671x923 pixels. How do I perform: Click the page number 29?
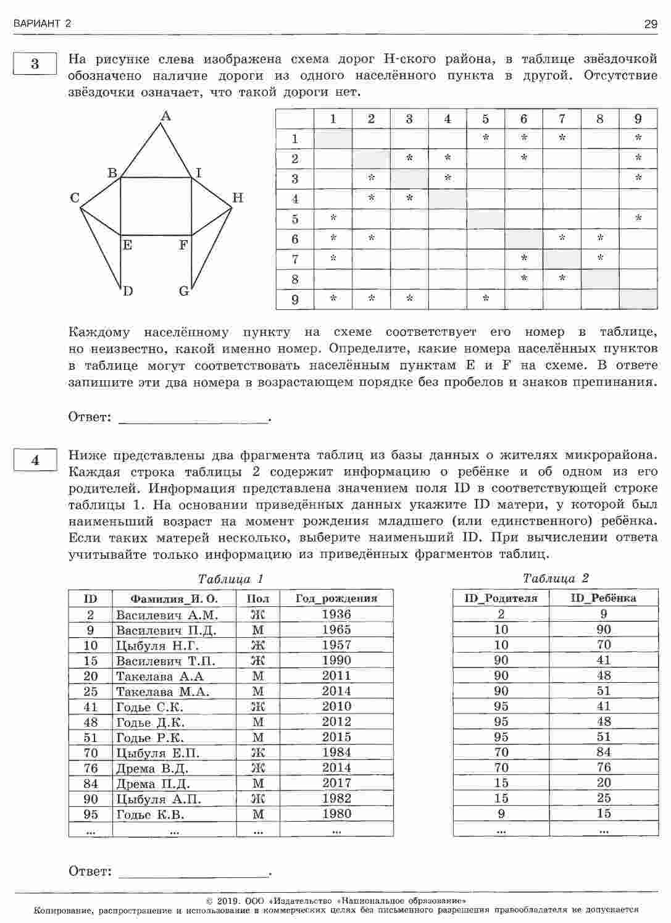pos(651,24)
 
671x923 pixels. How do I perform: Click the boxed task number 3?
pos(35,64)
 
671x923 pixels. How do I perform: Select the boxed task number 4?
pos(35,460)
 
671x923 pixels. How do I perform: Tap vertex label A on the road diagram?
pos(165,115)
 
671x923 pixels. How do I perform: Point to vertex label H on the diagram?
pos(238,198)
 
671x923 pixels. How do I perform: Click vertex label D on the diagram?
pos(128,291)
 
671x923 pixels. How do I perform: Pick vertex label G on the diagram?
pos(184,291)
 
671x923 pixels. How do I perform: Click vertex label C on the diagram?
pos(75,198)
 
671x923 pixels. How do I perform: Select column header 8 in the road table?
pos(599,119)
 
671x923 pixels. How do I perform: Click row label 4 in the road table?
pos(295,199)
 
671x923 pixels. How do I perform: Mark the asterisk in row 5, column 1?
pos(333,219)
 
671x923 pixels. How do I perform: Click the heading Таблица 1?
pos(230,579)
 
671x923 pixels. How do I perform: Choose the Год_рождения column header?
pos(336,598)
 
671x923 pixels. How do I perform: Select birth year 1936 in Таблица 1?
pos(336,614)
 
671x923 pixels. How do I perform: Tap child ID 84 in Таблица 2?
pos(604,752)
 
